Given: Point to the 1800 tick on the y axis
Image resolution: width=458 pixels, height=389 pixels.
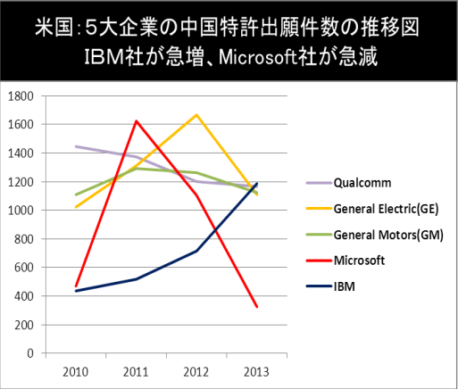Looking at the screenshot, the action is (x=21, y=96).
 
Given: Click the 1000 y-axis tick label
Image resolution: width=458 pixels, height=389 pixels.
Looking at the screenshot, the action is (x=21, y=211).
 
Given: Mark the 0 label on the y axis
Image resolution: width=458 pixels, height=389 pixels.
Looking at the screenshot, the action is (x=30, y=353).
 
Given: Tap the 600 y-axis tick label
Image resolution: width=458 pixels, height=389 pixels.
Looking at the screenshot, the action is (x=24, y=268).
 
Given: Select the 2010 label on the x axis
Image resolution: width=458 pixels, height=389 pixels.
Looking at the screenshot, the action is (x=76, y=372).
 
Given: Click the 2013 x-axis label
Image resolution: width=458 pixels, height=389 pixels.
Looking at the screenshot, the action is (x=256, y=372).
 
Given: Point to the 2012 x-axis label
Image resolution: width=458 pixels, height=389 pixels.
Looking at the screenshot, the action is (x=196, y=372).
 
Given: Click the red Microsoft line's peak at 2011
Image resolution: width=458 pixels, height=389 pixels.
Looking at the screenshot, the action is (x=136, y=120).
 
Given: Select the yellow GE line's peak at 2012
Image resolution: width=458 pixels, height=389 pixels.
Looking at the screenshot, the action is (x=196, y=114).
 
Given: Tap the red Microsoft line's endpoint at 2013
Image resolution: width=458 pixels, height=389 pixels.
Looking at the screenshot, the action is (x=257, y=307).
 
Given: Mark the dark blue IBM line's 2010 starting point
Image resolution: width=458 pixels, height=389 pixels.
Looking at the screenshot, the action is (x=76, y=291).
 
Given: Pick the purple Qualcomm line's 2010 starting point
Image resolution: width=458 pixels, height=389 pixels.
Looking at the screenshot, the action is (x=76, y=146).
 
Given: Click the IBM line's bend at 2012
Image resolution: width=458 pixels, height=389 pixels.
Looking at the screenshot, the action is (x=196, y=251).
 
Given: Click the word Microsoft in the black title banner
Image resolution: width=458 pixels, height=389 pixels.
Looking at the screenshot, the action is (x=258, y=56).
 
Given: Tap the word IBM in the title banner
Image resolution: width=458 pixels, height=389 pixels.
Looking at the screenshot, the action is (x=104, y=56).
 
